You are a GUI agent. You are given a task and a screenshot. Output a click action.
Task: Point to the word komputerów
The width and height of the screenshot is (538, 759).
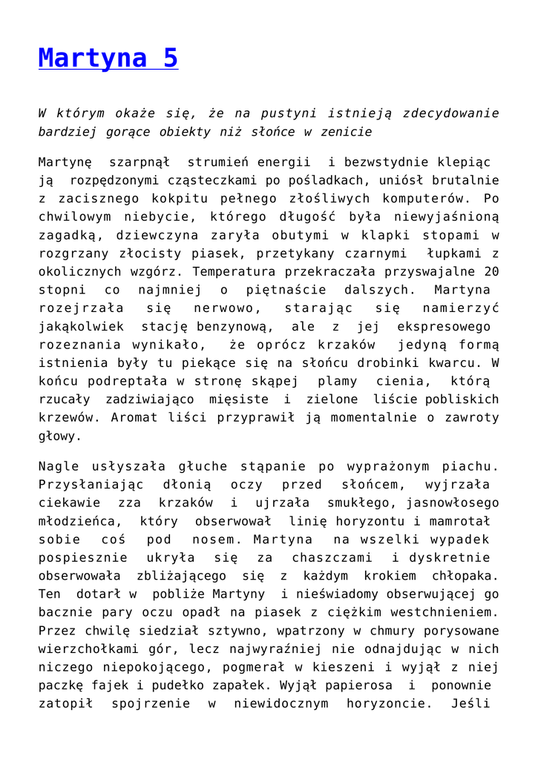pos(421,199)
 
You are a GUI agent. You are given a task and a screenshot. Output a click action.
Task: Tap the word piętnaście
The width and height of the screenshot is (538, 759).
pos(288,290)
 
